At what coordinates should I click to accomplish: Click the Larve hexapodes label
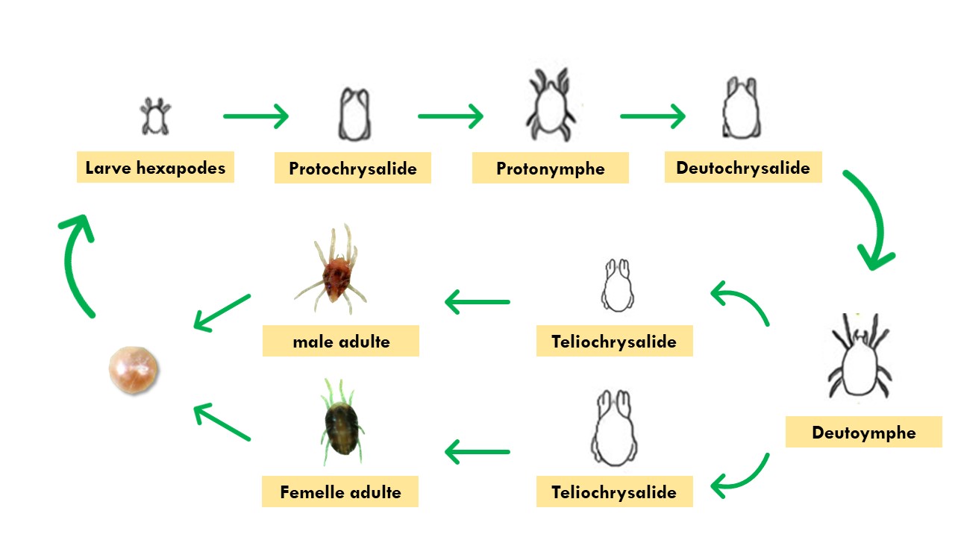click(155, 168)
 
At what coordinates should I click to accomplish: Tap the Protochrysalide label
click(353, 169)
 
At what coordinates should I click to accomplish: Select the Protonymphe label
click(551, 169)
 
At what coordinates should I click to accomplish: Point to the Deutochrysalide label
click(743, 168)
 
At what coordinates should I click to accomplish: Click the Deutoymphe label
click(863, 433)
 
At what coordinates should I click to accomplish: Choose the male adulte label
click(341, 342)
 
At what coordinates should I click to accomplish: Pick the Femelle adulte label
click(340, 492)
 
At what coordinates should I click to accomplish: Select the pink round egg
click(134, 368)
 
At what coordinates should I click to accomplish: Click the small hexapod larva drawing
click(155, 117)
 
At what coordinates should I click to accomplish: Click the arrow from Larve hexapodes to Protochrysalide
click(256, 116)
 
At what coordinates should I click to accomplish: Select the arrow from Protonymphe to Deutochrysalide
click(653, 116)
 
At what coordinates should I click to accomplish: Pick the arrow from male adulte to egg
click(222, 312)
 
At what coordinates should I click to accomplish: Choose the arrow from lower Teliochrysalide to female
click(477, 451)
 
